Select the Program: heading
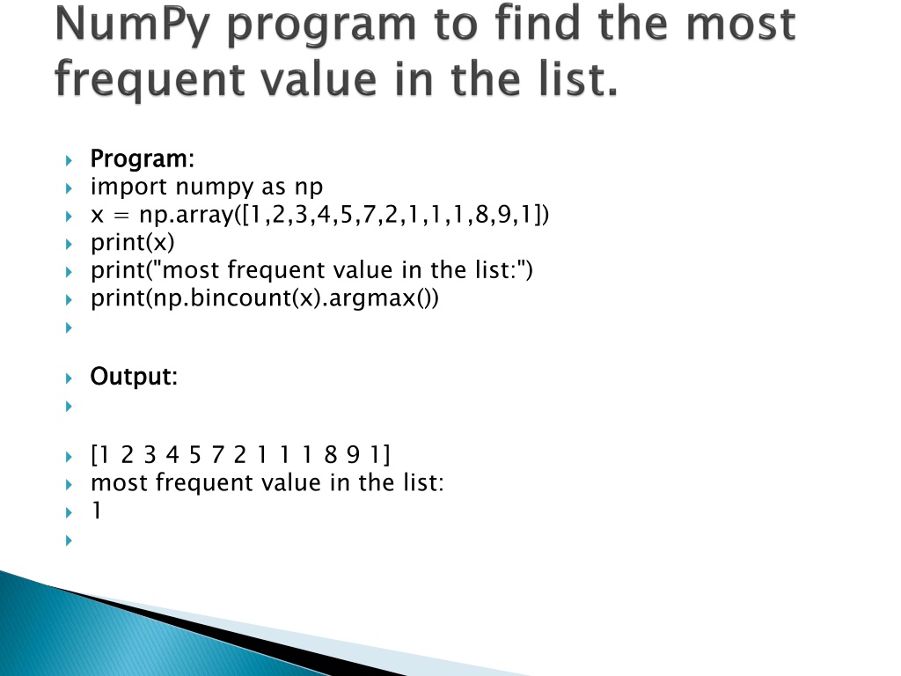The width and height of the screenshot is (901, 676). point(143,160)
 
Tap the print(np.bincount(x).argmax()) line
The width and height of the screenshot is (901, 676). point(264,298)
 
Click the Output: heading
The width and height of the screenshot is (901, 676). point(134,378)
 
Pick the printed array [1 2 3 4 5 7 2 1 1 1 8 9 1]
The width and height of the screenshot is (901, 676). point(240,455)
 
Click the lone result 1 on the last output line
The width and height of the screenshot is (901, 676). point(96,511)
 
